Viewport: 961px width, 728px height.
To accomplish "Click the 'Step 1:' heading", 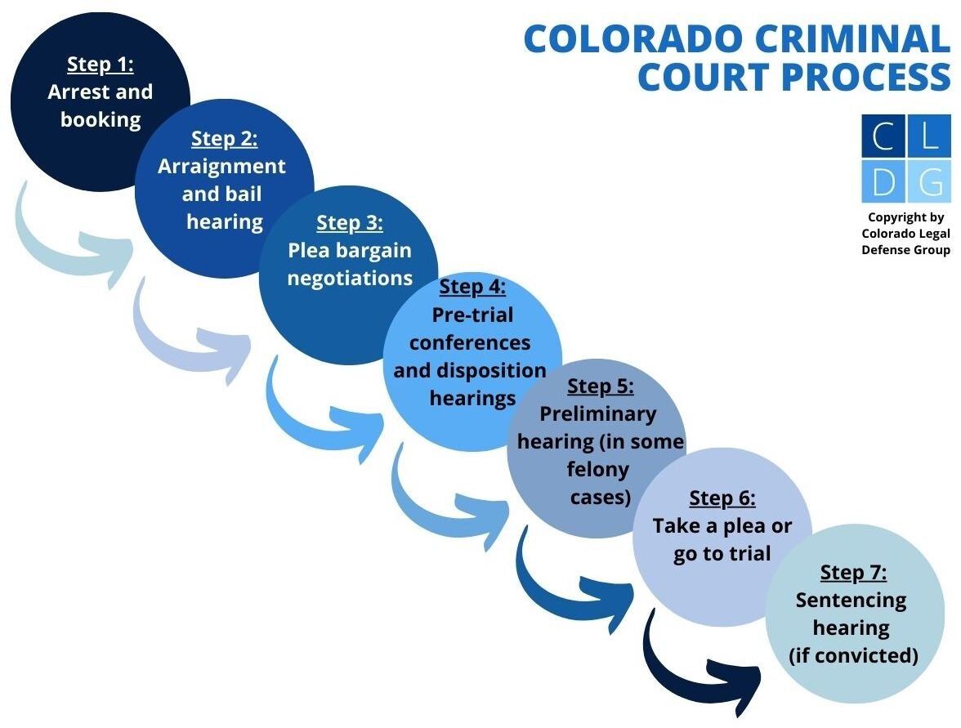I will pos(100,65).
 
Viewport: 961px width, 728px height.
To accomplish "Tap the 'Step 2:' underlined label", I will pos(224,139).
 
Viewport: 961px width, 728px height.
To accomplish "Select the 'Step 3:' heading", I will pos(349,222).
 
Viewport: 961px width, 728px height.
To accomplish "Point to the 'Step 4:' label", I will pos(472,287).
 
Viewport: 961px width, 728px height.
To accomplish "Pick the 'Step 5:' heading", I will pos(600,386).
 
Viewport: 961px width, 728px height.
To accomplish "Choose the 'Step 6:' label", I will pos(722,498).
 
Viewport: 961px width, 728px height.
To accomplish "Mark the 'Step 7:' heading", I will pos(853,572).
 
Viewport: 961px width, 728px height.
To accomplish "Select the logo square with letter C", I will pos(883,136).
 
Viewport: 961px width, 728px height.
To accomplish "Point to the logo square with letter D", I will pos(883,181).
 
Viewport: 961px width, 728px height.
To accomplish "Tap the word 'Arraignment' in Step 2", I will pos(221,167).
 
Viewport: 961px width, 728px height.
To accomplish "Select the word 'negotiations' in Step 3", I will pos(350,278).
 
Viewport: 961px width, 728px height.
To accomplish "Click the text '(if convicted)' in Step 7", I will pos(853,655).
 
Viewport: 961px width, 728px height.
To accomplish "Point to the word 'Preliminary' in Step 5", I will pos(598,413).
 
